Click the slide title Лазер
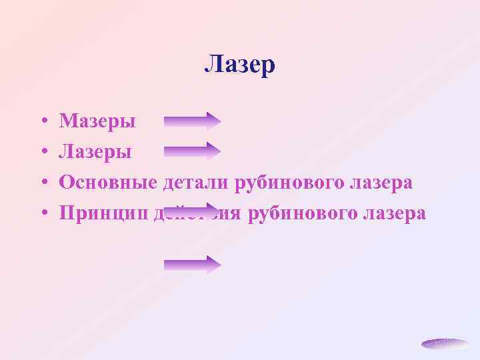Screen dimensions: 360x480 pos(239,65)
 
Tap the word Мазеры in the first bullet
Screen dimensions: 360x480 pos(97,121)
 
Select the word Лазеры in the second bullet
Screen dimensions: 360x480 pos(95,152)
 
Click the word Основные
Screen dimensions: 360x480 pos(107,183)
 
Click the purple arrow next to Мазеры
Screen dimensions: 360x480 pos(192,121)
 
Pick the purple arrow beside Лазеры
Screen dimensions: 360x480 pos(192,151)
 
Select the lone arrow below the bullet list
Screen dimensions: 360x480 pos(192,265)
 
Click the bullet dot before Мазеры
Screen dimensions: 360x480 pos(42,122)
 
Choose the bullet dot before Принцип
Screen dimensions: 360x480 pos(42,214)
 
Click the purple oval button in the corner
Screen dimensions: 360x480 pos(445,344)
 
